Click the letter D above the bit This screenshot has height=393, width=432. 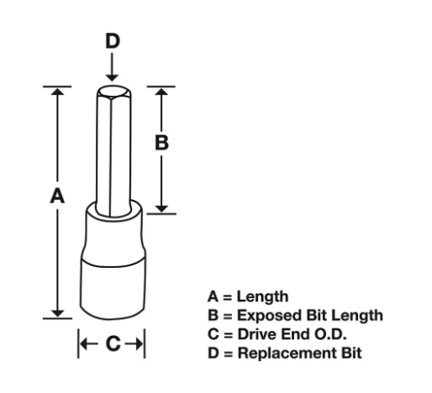coord(113,41)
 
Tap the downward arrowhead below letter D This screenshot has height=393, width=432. coord(112,78)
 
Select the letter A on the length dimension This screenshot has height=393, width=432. coord(57,196)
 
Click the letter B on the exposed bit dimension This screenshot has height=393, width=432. coord(161,143)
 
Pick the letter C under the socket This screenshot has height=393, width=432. coord(113,343)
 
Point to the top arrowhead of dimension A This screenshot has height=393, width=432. coord(57,92)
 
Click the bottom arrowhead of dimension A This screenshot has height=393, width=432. coord(57,313)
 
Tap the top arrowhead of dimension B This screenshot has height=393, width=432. coord(161,92)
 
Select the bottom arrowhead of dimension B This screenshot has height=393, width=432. coord(161,208)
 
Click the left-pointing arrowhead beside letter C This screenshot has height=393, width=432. coord(84,343)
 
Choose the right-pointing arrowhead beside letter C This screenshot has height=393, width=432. coord(140,343)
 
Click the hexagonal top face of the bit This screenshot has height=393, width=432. coord(113,92)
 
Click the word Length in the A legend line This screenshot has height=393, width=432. coord(262,296)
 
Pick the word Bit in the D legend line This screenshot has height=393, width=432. coord(351,353)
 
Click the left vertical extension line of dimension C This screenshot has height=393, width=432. coord(78,343)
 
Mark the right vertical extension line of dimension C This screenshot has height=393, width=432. coord(145,343)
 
